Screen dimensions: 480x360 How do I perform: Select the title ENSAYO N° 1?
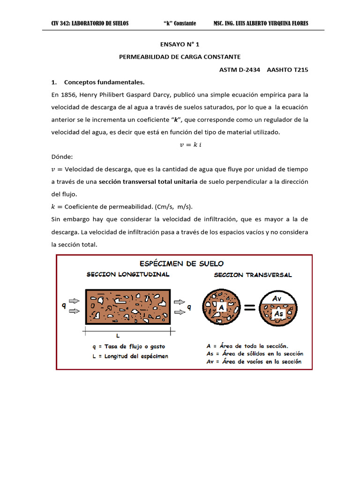180,45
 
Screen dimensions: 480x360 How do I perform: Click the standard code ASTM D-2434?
240,69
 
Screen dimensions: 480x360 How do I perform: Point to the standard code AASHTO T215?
287,69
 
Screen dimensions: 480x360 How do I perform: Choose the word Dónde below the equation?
62,157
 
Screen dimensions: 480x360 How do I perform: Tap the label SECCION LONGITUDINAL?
128,274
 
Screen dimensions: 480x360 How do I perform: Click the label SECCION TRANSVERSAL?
253,275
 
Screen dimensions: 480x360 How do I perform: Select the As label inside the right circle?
279,313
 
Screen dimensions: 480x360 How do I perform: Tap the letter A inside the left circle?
220,307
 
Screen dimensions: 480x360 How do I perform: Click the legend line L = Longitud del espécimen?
131,356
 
